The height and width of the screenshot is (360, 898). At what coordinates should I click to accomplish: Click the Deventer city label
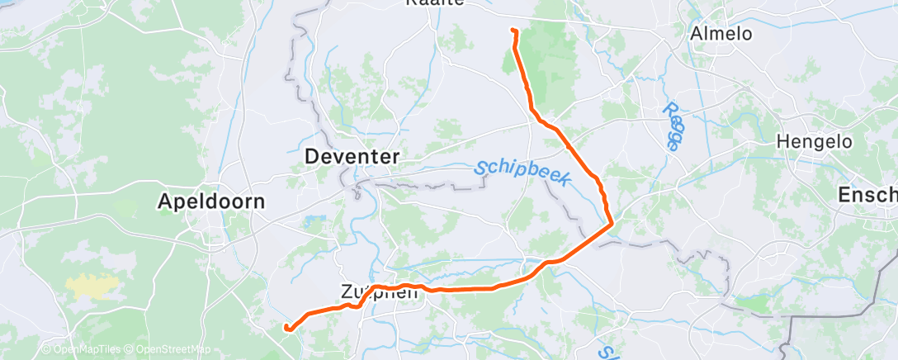(352, 156)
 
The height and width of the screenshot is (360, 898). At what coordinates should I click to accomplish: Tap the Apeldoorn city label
(213, 201)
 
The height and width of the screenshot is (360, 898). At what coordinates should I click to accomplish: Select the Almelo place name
(721, 34)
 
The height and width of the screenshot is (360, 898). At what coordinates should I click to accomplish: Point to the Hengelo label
(814, 142)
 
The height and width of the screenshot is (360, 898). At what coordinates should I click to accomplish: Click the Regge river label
(672, 126)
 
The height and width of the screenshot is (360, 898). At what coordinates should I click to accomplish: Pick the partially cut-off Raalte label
(437, 3)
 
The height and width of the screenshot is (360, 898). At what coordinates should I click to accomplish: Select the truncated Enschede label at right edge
(867, 195)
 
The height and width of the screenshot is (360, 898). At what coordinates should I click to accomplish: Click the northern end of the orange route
(513, 31)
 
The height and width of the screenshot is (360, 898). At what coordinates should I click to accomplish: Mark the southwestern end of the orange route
(286, 328)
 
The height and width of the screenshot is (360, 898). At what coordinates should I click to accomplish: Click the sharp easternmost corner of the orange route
(612, 223)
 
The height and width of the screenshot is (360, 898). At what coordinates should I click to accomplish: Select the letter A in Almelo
(696, 34)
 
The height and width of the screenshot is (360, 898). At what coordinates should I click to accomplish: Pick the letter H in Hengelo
(783, 142)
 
